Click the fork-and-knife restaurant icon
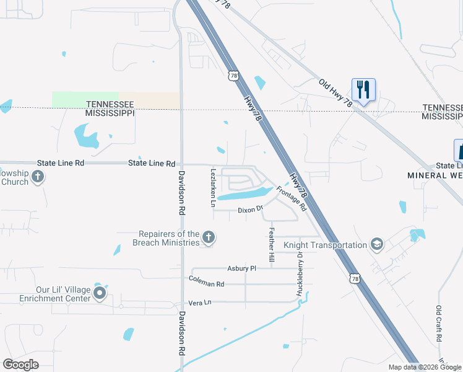point(363,89)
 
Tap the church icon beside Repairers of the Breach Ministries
point(209,237)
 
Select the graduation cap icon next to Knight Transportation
point(376,244)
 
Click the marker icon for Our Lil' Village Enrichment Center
point(100,293)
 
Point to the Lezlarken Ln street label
point(213,187)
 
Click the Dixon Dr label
point(251,210)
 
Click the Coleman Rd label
point(207,283)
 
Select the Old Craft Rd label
point(439,324)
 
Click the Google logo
point(20,365)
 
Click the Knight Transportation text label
point(325,245)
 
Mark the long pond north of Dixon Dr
point(244,195)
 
